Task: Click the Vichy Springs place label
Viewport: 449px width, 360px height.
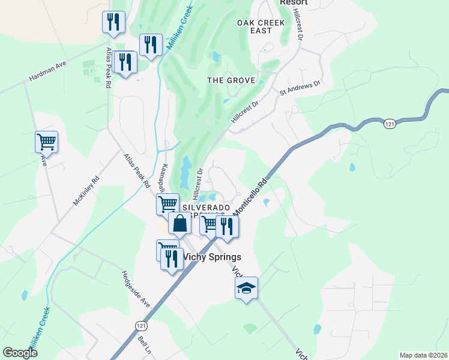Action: tap(211, 257)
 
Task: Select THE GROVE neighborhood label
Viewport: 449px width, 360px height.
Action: tap(231, 80)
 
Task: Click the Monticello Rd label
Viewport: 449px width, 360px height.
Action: tap(250, 198)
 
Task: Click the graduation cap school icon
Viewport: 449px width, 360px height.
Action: tap(246, 289)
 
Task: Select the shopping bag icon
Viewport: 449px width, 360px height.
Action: tap(179, 224)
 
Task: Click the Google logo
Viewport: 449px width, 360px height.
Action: tap(20, 353)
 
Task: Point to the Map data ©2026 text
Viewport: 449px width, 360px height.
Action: tap(423, 355)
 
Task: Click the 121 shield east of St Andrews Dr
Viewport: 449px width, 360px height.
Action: tap(389, 123)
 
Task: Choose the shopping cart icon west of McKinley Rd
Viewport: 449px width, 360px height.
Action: tap(46, 142)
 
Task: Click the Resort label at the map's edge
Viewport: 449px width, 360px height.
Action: tap(294, 2)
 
